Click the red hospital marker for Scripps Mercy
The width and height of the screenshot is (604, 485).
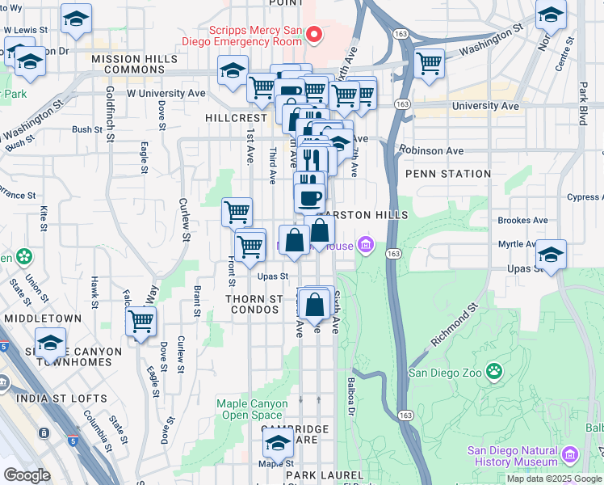click(315, 34)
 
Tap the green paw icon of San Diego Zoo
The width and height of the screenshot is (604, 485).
click(493, 373)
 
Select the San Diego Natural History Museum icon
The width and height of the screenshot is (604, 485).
click(571, 456)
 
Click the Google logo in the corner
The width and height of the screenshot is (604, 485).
click(27, 474)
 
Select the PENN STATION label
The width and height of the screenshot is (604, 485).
click(448, 174)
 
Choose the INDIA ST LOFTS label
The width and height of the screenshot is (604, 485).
click(54, 399)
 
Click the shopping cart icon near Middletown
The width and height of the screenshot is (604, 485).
click(141, 321)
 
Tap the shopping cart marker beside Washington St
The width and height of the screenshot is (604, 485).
click(429, 62)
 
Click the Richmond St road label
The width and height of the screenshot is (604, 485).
click(455, 322)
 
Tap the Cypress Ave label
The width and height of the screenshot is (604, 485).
click(583, 197)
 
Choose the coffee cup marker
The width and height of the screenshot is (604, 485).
click(309, 197)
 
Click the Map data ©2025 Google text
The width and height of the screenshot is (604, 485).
click(553, 479)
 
